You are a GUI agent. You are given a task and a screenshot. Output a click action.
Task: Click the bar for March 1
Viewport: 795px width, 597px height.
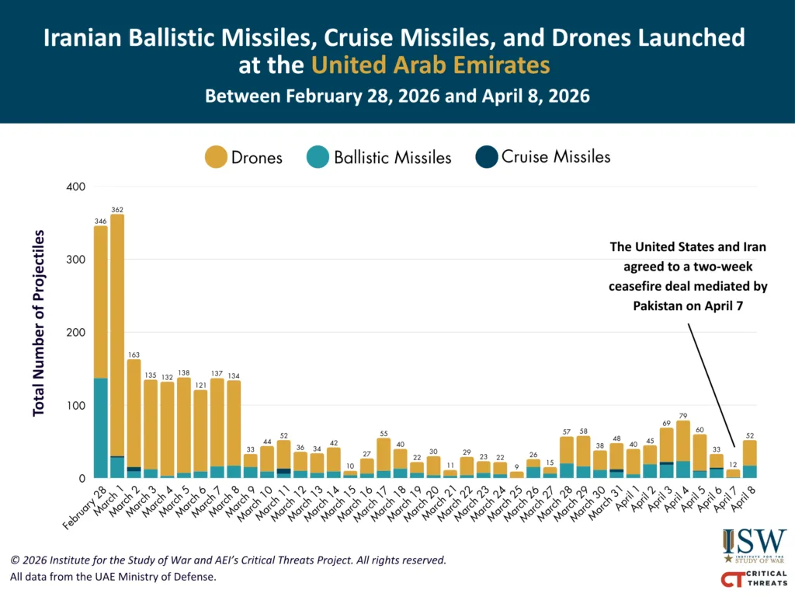(x=117, y=342)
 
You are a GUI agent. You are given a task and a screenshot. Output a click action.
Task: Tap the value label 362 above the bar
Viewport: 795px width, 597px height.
(x=117, y=210)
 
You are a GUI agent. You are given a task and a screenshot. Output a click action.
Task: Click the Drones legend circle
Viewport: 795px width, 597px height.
(x=215, y=157)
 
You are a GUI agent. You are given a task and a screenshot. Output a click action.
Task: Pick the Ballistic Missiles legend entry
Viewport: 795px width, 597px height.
(x=392, y=158)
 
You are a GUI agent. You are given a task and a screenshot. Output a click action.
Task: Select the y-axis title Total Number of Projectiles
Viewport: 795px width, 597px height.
(x=39, y=323)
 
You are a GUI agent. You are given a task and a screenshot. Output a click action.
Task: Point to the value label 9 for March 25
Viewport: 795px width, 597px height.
(x=516, y=466)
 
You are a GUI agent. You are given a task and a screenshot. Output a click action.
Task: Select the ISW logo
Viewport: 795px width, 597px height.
(x=754, y=545)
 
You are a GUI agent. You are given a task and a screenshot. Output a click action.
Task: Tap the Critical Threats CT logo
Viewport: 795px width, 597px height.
(x=753, y=579)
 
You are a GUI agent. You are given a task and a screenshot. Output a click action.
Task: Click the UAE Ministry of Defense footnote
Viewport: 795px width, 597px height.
(x=113, y=577)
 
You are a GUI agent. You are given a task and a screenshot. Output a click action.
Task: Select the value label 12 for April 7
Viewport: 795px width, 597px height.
(x=733, y=464)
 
